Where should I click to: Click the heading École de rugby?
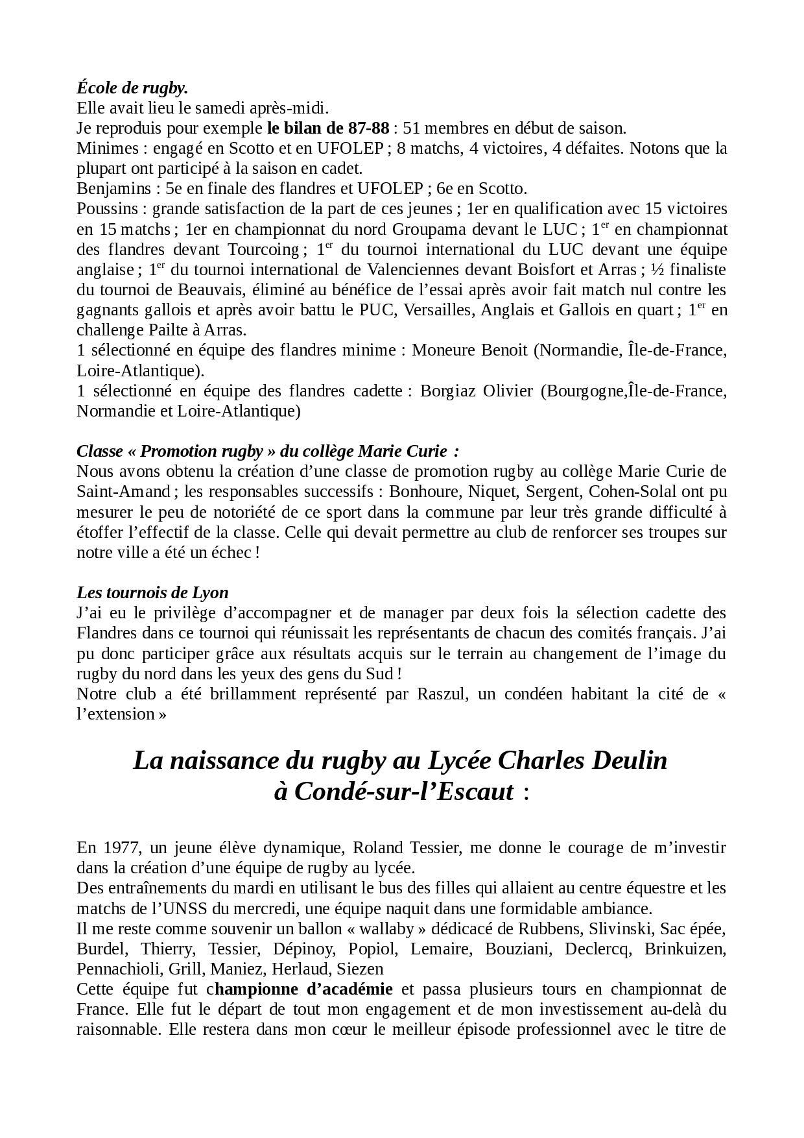[x=132, y=88]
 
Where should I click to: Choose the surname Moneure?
[x=443, y=350]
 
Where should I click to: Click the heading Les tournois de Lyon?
[x=152, y=592]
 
